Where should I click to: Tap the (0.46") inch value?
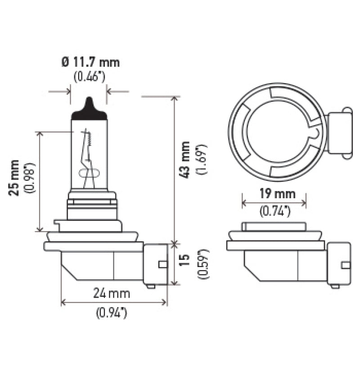click(89, 76)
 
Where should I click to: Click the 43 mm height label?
click(185, 161)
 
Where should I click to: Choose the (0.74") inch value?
click(274, 210)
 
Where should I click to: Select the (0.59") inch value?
click(201, 264)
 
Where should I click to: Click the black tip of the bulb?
click(89, 109)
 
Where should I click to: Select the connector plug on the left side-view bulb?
click(155, 265)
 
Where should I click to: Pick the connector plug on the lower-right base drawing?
click(338, 265)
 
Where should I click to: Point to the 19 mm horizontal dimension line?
click(274, 203)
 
